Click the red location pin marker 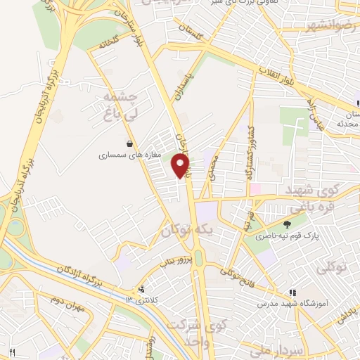pos(181,167)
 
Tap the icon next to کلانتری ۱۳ pos(143,288)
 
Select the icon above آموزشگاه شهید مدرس pos(292,293)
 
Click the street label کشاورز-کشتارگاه pos(247,152)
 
